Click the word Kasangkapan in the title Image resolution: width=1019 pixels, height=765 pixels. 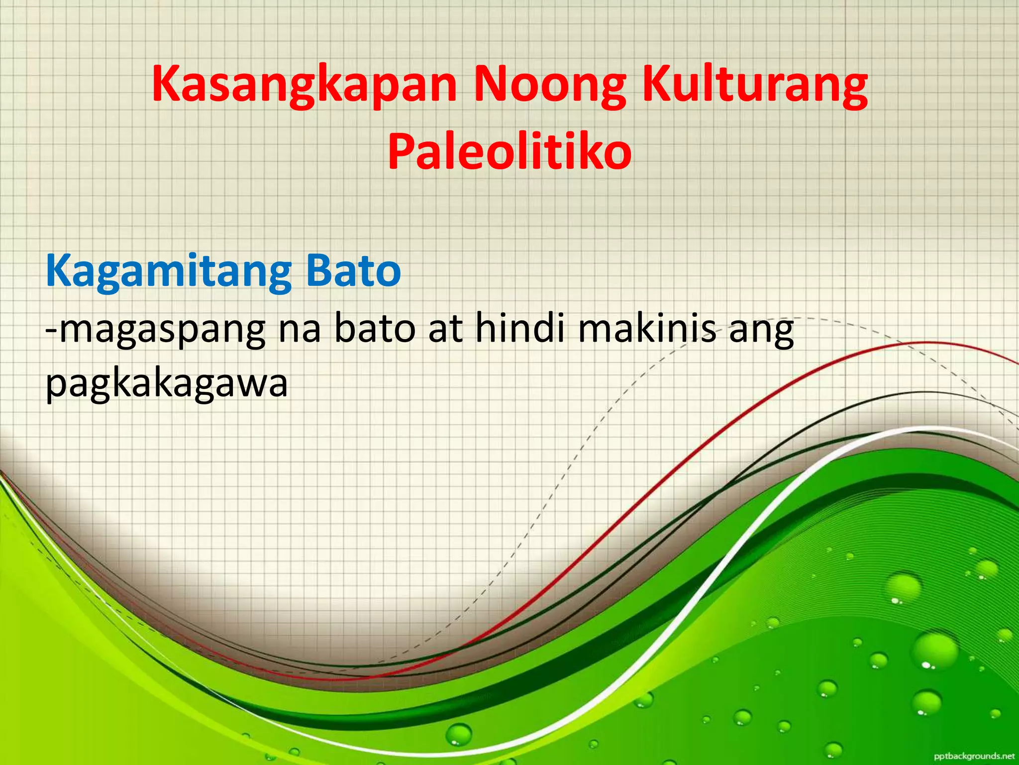coord(304,86)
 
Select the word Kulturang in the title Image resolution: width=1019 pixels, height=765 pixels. coord(754,86)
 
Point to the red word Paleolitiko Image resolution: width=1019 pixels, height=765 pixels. coord(509,152)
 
